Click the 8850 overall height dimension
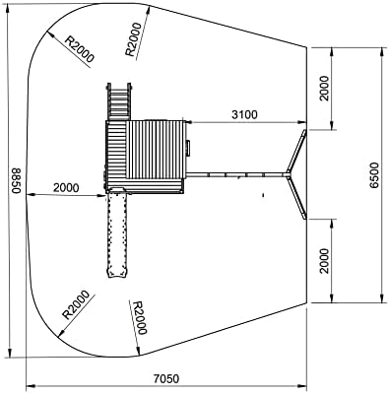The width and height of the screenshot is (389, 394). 16,180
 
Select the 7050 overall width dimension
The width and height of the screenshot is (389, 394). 166,378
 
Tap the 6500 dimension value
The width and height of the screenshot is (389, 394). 374,175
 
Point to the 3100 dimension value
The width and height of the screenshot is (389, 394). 244,114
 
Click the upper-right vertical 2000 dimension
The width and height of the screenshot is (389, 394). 324,88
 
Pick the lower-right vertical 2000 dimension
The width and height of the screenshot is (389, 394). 324,261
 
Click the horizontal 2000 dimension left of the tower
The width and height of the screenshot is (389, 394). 66,188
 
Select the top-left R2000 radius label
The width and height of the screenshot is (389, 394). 79,48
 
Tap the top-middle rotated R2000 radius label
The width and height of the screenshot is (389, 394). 133,39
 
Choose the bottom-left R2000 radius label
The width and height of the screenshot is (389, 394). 76,305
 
